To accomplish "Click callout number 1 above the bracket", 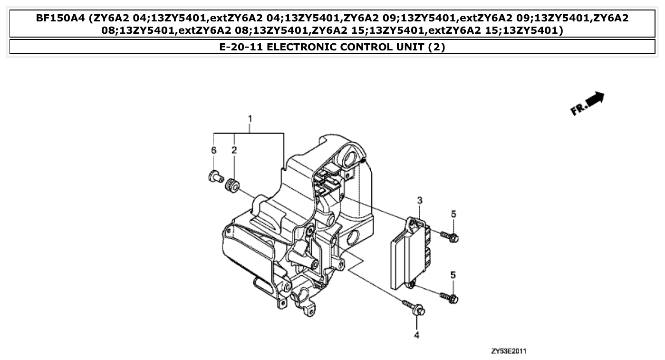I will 249,118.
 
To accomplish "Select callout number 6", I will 214,150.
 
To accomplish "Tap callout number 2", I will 234,150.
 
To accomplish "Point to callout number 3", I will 420,201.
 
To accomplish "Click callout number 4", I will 417,335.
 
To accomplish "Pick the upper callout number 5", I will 453,214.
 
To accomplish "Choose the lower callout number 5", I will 453,274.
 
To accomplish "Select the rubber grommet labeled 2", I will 232,185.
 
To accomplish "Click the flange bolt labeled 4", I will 414,308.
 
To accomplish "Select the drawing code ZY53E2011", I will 509,351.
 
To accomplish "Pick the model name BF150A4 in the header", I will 60,19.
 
